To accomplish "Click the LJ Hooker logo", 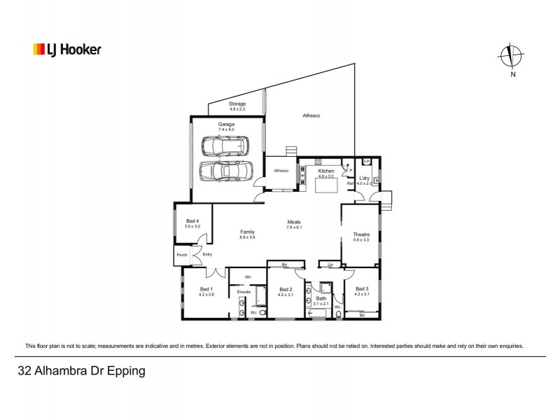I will click(67, 50).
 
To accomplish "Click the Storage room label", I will click(237, 104).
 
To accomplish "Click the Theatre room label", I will click(361, 234).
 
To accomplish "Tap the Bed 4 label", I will click(192, 221).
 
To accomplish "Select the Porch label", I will click(182, 255).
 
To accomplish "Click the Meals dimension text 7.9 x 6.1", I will click(293, 227).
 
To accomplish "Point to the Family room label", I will click(247, 232).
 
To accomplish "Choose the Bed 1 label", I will click(206, 289).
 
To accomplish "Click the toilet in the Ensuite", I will click(262, 313).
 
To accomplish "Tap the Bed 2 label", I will click(285, 289).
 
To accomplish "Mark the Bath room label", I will click(321, 298).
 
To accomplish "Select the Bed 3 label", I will click(361, 289).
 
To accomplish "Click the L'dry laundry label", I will click(364, 178).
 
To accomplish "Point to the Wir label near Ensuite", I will click(247, 278).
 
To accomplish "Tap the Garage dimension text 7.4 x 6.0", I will click(225, 129).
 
